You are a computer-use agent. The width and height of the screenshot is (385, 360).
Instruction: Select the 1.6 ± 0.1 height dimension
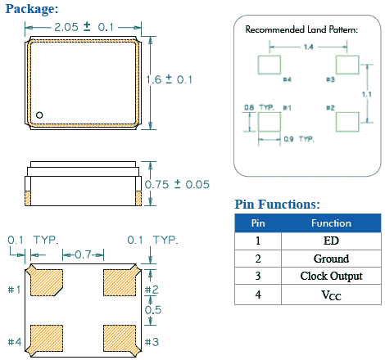pos(170,79)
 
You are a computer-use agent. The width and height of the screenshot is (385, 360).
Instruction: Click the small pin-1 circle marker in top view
pos(38,115)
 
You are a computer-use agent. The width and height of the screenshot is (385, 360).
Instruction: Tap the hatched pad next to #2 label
pos(120,281)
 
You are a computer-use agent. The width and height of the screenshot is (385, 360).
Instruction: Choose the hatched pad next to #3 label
pos(120,336)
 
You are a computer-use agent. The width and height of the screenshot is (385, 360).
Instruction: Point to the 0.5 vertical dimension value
pos(152,311)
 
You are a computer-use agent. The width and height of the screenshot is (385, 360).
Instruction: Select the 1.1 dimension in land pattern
pos(367,95)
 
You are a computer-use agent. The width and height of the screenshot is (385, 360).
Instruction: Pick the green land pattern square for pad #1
pos(269,122)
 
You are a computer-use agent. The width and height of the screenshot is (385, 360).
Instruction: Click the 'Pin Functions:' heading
pos(277,204)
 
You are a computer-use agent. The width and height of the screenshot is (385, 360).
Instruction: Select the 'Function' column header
pos(331,223)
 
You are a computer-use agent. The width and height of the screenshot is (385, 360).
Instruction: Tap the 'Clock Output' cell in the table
pos(331,277)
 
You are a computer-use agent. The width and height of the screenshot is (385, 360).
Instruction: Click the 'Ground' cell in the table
pos(331,259)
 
